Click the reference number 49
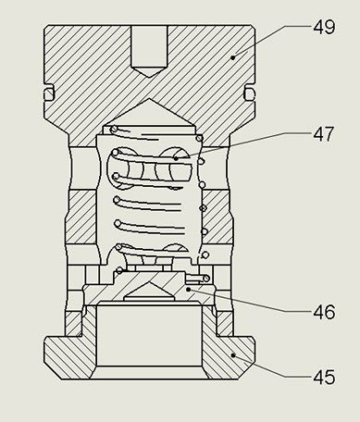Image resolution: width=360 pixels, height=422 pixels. pyautogui.click(x=324, y=27)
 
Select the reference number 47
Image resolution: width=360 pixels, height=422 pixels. pyautogui.click(x=324, y=134)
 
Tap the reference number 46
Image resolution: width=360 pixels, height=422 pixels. pyautogui.click(x=324, y=312)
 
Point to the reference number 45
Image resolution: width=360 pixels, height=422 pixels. pyautogui.click(x=324, y=377)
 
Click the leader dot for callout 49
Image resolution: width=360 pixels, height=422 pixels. pyautogui.click(x=233, y=57)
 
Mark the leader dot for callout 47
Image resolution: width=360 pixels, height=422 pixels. pyautogui.click(x=176, y=158)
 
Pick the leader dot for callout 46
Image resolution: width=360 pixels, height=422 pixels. pyautogui.click(x=189, y=289)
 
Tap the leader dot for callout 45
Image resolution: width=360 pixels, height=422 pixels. pyautogui.click(x=233, y=355)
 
